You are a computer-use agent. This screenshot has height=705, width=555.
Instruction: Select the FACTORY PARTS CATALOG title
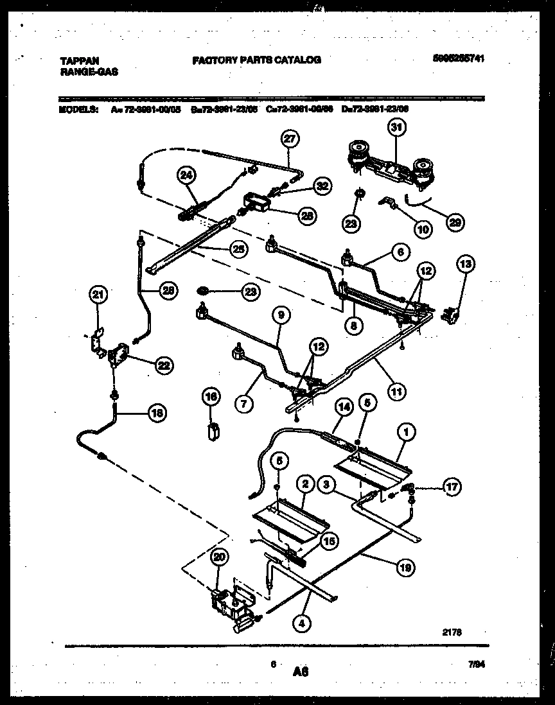(x=256, y=60)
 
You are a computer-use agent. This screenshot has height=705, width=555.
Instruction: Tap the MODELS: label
(x=78, y=109)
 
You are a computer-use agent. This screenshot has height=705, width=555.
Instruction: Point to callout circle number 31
(x=396, y=128)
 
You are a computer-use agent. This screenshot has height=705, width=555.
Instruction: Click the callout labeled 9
(x=281, y=316)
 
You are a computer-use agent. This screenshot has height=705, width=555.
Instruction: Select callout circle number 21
(x=97, y=295)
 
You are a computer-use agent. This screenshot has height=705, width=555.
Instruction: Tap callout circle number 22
(x=163, y=364)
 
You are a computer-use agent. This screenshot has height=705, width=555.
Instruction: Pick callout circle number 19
(x=405, y=566)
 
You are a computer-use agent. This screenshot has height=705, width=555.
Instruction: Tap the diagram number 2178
(x=452, y=632)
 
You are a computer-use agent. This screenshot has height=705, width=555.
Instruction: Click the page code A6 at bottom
(x=300, y=672)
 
